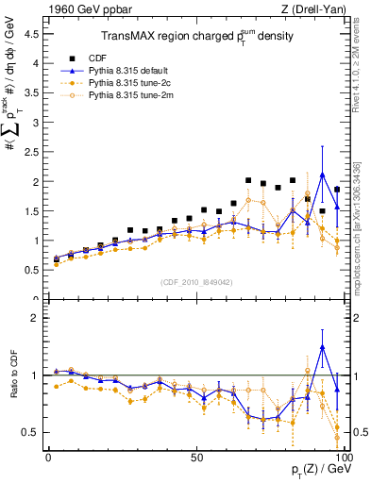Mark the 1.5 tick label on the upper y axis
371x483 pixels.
click(31, 211)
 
